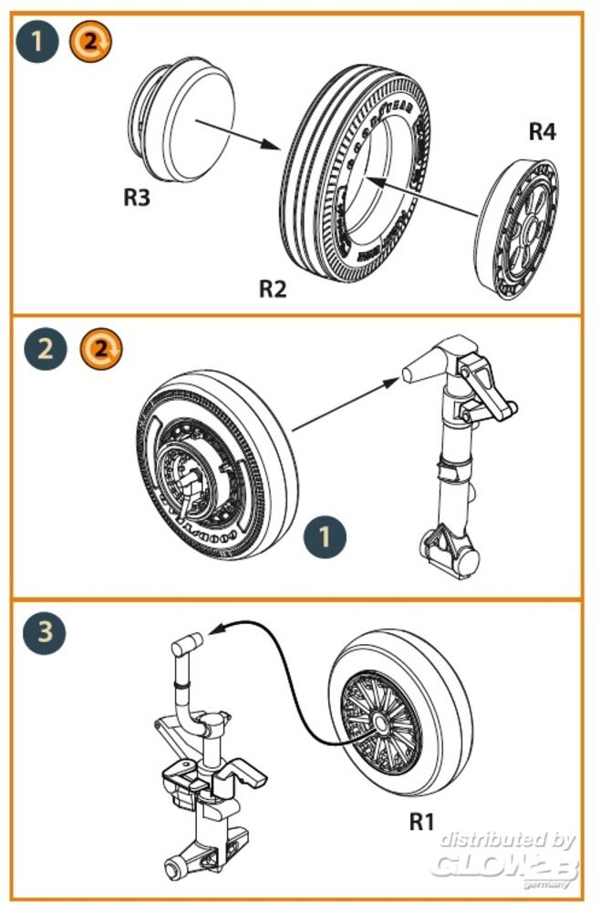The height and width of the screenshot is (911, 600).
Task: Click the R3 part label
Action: point(136,197)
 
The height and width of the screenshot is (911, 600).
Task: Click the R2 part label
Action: point(273,290)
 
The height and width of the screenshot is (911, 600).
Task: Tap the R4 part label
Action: point(542,131)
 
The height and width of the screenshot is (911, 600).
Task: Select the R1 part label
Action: point(420,821)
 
